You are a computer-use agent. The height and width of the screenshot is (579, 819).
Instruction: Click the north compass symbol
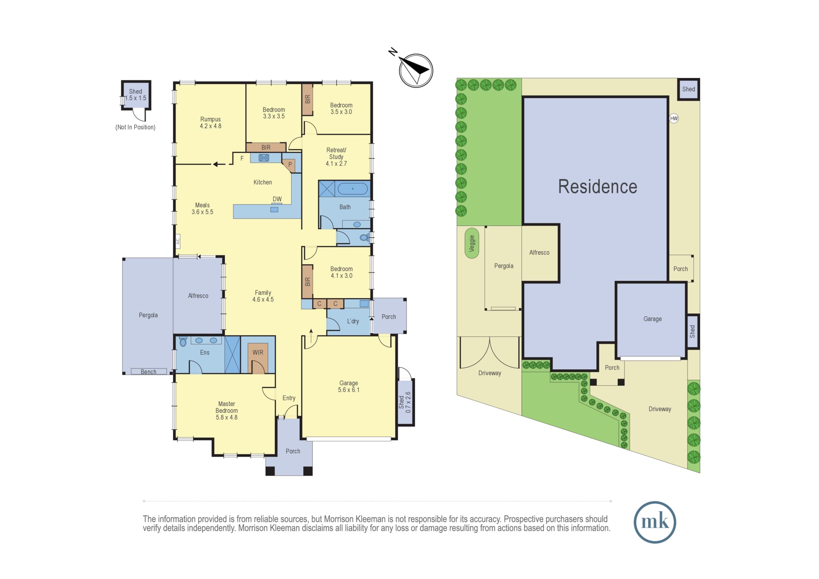[416, 70]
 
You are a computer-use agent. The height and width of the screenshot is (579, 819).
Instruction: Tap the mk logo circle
[655, 522]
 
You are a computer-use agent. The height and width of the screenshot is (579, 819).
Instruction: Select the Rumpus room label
[210, 123]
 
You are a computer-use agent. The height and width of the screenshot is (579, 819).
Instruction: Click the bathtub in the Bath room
[353, 189]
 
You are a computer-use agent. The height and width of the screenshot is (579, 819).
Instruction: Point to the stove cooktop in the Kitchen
[264, 158]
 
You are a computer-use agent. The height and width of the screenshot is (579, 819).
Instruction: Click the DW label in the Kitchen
[277, 199]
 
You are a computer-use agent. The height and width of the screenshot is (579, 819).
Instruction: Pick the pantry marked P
[289, 165]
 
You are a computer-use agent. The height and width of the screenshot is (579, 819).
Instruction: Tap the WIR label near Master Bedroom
[258, 352]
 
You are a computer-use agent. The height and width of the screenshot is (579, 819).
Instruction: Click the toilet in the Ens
[183, 341]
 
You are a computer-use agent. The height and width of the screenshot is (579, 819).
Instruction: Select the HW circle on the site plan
[674, 118]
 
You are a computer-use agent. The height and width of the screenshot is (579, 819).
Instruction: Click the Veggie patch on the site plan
[472, 243]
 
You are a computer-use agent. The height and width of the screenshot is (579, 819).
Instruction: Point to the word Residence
[597, 187]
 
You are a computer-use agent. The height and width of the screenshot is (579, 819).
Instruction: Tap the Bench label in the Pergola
[149, 372]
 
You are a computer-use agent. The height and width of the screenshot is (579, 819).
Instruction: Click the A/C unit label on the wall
[178, 242]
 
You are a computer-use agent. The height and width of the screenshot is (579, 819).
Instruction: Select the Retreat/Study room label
[336, 157]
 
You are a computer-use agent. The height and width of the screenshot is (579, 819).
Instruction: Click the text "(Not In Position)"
[136, 127]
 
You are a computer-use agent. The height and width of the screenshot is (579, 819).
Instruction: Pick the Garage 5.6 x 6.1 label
[348, 386]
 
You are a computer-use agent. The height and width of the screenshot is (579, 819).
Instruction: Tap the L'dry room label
[353, 321]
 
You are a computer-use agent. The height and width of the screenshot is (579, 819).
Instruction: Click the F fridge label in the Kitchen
[242, 158]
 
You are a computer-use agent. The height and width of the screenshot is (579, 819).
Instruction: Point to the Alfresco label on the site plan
[539, 253]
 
